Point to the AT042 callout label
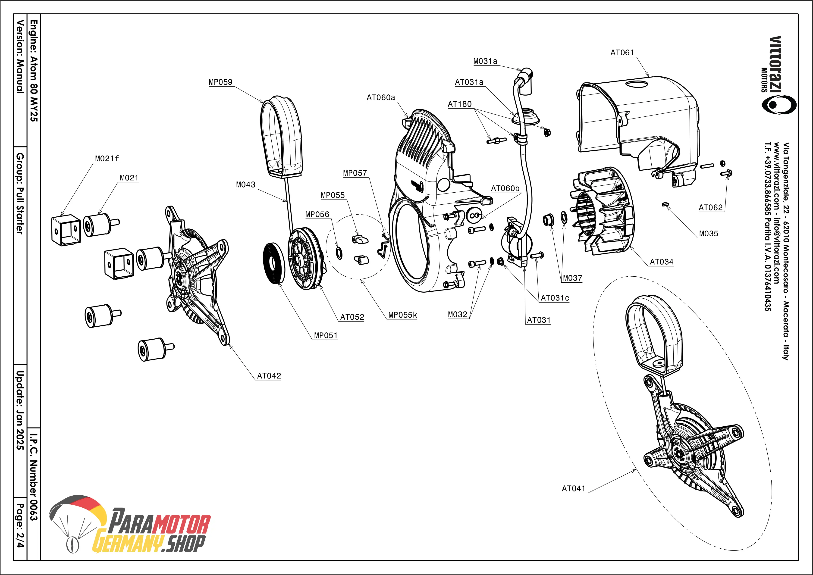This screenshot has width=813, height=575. [x=269, y=376]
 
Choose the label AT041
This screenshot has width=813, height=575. [x=574, y=489]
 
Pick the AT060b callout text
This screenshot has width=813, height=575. [x=505, y=188]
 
